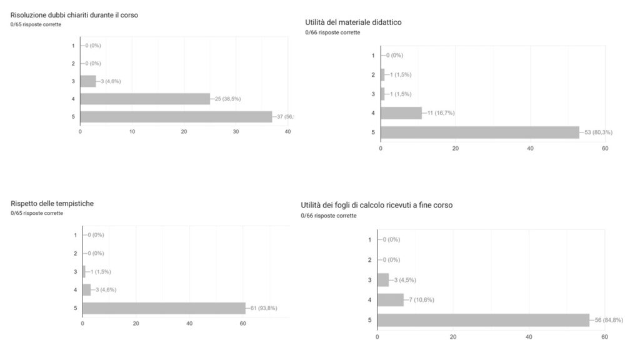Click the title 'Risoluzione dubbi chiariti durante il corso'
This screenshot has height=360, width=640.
(74, 15)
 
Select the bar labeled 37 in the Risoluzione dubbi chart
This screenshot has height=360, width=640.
(176, 117)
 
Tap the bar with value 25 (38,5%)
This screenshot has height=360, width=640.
(145, 99)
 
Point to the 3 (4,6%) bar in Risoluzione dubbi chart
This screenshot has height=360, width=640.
(88, 81)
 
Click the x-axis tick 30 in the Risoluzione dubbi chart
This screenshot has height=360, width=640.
(236, 131)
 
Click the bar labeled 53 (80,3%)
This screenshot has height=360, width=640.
(480, 132)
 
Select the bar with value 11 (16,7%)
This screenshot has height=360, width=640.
(401, 113)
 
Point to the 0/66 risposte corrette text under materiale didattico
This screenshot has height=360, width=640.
(332, 32)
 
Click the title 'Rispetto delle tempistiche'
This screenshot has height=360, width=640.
(52, 203)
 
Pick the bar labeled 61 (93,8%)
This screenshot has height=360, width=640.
(164, 308)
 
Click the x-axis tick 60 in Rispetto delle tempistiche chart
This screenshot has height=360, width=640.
(242, 323)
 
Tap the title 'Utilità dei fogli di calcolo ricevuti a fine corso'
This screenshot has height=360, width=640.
(376, 205)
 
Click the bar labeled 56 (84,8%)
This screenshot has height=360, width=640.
(483, 320)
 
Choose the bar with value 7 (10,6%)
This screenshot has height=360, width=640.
(391, 300)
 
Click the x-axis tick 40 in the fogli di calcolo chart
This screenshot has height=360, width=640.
(529, 337)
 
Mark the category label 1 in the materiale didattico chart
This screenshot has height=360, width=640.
(373, 56)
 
